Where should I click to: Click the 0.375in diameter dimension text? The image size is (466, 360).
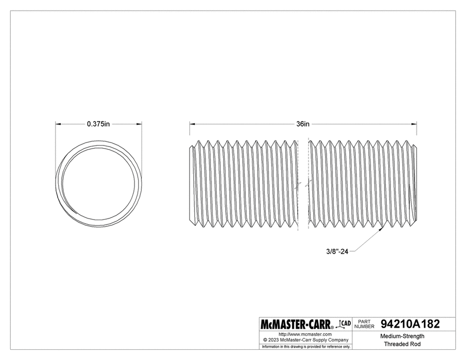click(x=98, y=124)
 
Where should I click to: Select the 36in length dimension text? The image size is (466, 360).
click(x=302, y=124)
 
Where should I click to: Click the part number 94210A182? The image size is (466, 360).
click(x=409, y=325)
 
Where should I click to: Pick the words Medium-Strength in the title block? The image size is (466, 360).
click(x=402, y=336)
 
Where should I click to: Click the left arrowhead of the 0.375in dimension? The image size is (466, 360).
click(x=57, y=124)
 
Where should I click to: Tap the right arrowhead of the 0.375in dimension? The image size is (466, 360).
click(x=140, y=124)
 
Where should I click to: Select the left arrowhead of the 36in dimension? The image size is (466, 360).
click(x=192, y=124)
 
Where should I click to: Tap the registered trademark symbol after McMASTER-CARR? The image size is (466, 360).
click(x=332, y=328)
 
